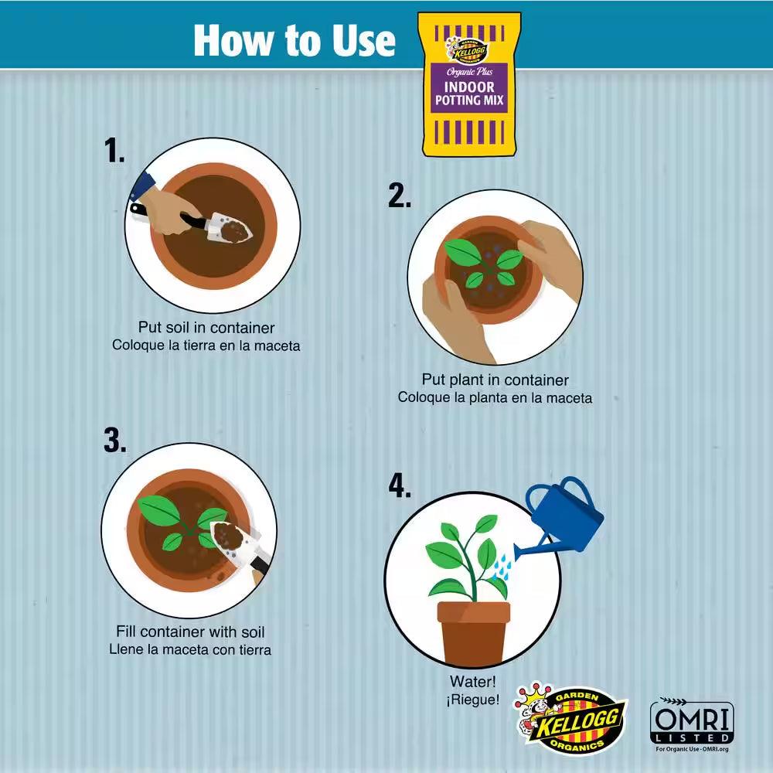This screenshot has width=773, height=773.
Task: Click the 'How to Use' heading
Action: coord(295,40)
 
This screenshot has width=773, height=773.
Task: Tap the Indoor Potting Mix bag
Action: coord(469,84)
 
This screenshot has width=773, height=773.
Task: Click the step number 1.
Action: coord(114,151)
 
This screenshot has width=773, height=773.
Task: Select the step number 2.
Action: coord(400,196)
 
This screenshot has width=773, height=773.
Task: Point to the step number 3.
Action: coord(115,440)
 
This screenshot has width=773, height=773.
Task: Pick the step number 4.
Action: coord(400,485)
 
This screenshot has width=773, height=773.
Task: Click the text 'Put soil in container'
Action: coord(206,328)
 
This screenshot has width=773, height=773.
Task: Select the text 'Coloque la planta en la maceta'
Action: coord(495,397)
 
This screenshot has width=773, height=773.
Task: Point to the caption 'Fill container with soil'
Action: coord(190,632)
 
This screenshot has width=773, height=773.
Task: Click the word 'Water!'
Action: coord(473,682)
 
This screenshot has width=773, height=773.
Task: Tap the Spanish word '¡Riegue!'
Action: coord(473,699)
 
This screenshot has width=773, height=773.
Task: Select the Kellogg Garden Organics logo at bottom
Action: coord(570,719)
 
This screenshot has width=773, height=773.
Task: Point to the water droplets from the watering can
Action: coord(502,567)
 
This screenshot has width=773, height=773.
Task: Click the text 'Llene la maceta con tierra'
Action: coord(190,649)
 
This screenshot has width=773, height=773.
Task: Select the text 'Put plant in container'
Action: coord(495,380)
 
